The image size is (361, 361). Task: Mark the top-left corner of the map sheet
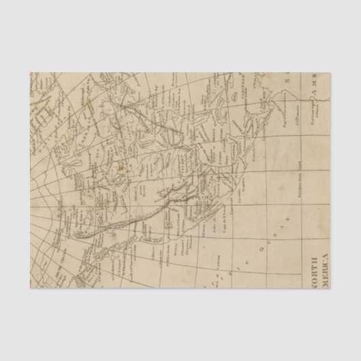pos(30,72)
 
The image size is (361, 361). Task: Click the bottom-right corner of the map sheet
pos(332,289)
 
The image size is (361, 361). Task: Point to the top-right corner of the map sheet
pos(332,72)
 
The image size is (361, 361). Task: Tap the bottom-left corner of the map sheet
pos(30,289)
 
